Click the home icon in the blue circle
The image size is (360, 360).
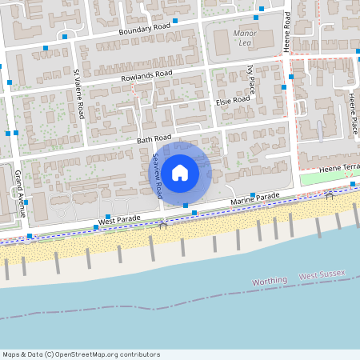[x=180, y=172]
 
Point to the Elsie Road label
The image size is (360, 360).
[x=233, y=102]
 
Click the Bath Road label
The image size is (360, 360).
[x=154, y=138]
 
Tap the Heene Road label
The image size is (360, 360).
[x=287, y=32]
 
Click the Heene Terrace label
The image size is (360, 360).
[x=340, y=167]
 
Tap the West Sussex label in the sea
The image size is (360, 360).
[x=322, y=274]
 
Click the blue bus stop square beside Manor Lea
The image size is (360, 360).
[x=257, y=18]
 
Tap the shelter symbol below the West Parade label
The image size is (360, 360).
[x=163, y=226]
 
